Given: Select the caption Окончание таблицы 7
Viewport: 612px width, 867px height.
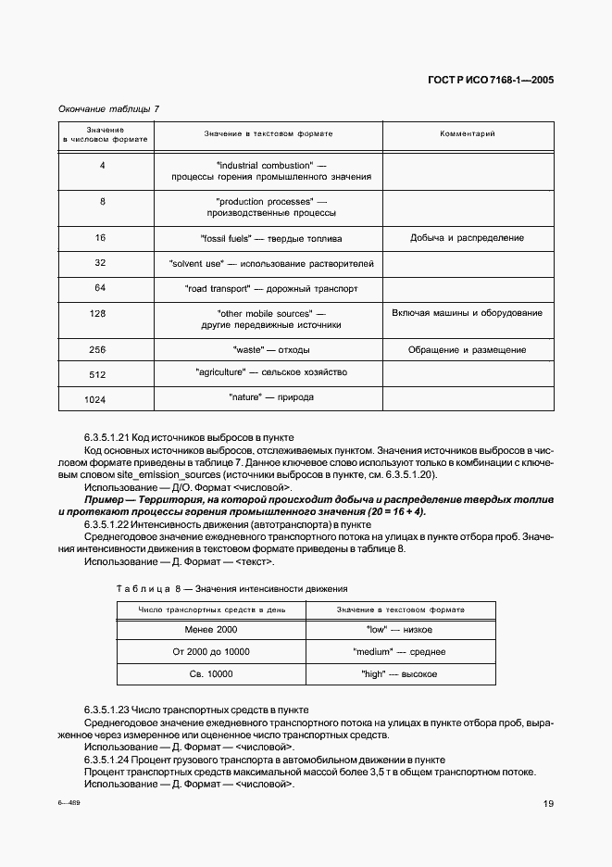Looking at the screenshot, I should click(108, 108).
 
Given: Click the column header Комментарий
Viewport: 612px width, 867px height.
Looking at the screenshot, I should click(467, 134).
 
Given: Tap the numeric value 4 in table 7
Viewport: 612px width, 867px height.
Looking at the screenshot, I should click(102, 165).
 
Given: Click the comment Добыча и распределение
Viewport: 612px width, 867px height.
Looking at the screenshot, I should click(467, 238).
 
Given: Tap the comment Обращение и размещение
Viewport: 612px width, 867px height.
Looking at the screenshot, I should click(467, 350).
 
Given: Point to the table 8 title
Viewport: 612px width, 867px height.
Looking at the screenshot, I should click(231, 588).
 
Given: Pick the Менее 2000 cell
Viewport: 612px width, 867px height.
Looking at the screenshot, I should click(211, 630).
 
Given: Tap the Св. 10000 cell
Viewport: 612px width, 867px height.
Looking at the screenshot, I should click(211, 674).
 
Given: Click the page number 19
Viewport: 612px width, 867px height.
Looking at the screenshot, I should click(548, 804).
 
